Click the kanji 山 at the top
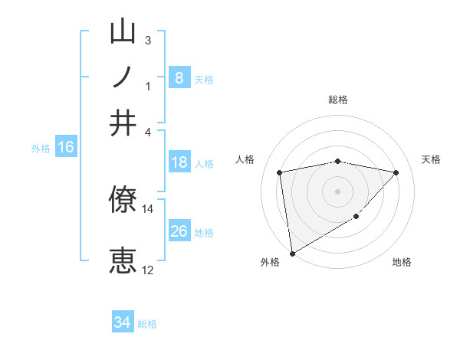123,34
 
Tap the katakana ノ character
123,77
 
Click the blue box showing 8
179,77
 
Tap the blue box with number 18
179,162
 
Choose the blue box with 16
66,147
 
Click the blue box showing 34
123,322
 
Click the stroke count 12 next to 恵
148,270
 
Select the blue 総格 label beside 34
147,324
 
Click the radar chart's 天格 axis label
431,159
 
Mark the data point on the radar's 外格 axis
292,253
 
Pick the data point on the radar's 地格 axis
356,217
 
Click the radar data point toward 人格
280,172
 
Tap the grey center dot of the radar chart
337,191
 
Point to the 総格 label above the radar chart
338,100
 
